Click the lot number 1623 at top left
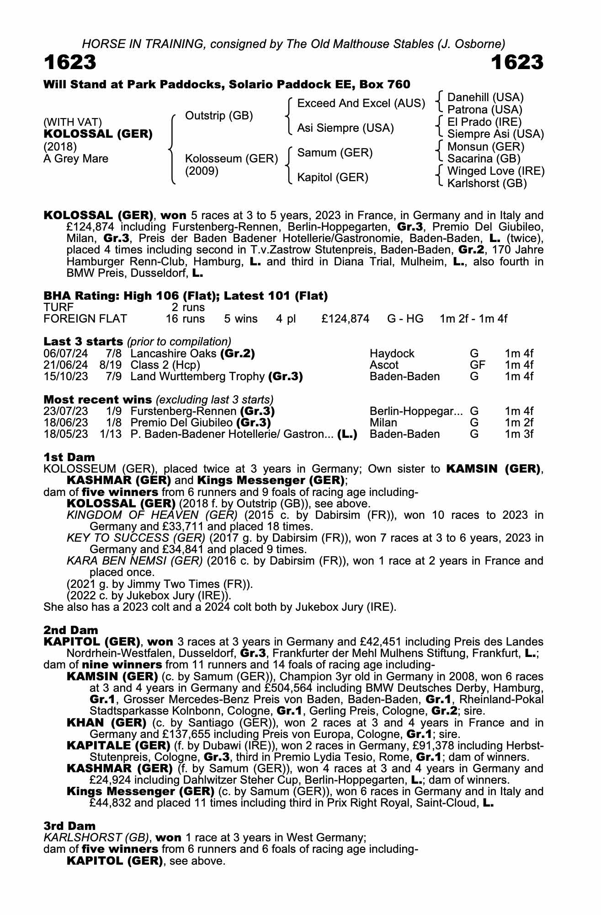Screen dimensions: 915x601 point(70,62)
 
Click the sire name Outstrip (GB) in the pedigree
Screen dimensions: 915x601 point(218,116)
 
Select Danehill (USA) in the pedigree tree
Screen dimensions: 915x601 point(485,97)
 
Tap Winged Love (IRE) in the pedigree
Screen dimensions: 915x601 point(495,171)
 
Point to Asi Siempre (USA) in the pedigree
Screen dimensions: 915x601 point(345,128)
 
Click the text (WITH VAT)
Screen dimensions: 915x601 point(72,122)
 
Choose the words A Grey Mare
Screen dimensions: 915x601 point(76,159)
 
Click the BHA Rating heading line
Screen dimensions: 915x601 point(186,296)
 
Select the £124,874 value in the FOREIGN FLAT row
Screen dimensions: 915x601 point(345,319)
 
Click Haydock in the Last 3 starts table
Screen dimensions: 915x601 point(392,354)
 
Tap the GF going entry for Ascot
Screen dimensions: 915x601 point(477,365)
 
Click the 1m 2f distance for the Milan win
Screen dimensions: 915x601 point(519,423)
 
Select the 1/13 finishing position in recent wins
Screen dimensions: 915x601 point(111,434)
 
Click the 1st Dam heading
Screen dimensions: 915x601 point(69,457)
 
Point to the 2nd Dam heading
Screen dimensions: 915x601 point(70,630)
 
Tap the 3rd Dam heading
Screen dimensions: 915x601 point(69,826)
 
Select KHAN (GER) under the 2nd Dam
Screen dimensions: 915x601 point(106,723)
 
